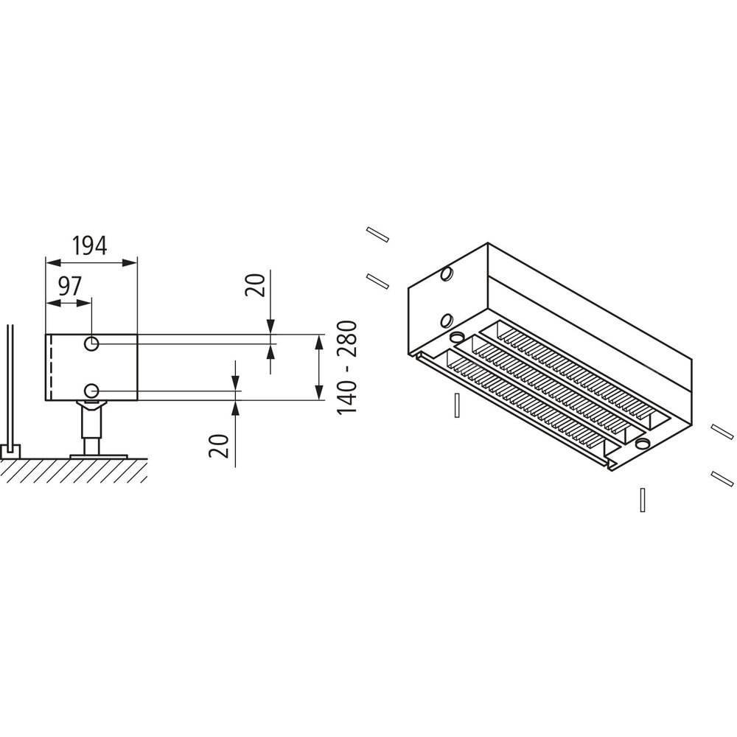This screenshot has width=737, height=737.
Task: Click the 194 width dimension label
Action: [89, 246]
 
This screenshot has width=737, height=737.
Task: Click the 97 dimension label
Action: [69, 286]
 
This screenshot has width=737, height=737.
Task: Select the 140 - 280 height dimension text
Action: [347, 367]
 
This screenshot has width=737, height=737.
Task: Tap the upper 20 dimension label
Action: [256, 284]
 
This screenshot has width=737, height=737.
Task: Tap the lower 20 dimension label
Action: [219, 446]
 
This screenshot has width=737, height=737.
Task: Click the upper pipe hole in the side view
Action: [91, 343]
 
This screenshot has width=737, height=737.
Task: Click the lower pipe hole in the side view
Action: [91, 390]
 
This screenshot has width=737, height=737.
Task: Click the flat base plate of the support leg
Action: [99, 456]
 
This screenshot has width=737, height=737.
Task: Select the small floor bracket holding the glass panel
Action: [10, 453]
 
